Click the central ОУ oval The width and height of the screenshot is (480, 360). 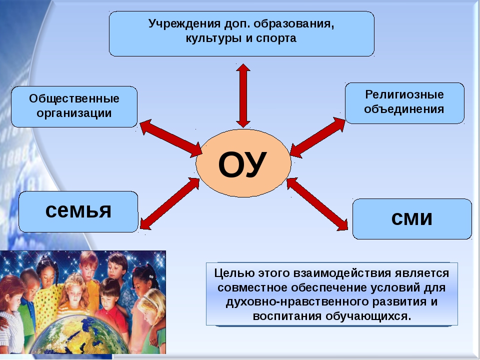click(x=243, y=163)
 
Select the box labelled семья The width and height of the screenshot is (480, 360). click(x=78, y=212)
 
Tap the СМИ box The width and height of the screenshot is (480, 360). click(x=412, y=219)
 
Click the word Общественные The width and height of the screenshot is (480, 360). click(x=74, y=98)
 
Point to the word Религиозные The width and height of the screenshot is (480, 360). click(x=404, y=94)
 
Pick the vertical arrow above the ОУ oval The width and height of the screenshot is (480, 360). click(x=243, y=95)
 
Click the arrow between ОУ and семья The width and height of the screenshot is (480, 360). click(x=169, y=203)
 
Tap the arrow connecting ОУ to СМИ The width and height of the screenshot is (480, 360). click(x=317, y=204)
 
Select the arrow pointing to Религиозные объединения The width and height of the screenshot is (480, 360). click(x=318, y=137)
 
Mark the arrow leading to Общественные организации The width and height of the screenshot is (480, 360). click(x=171, y=138)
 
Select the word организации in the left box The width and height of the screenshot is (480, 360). click(x=74, y=113)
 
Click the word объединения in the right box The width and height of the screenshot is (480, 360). click(x=404, y=109)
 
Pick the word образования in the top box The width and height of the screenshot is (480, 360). click(x=293, y=24)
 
